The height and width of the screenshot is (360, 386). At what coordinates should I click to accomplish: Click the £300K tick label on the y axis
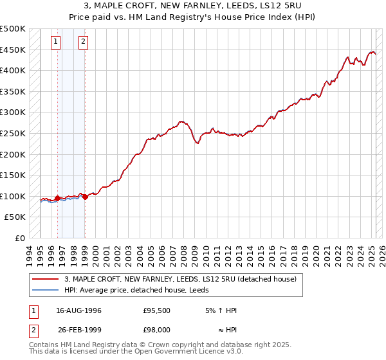point(13,113)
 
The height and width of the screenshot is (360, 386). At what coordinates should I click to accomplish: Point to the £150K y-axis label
point(13,175)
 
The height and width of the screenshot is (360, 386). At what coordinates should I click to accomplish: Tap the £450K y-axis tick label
point(13,50)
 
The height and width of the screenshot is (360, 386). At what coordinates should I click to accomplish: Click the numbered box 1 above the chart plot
point(56,42)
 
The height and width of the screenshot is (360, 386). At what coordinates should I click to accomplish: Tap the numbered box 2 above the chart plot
point(84,42)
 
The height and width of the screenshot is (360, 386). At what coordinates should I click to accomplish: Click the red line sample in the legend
point(45,279)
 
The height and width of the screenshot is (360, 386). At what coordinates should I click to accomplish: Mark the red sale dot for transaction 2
point(85,197)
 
